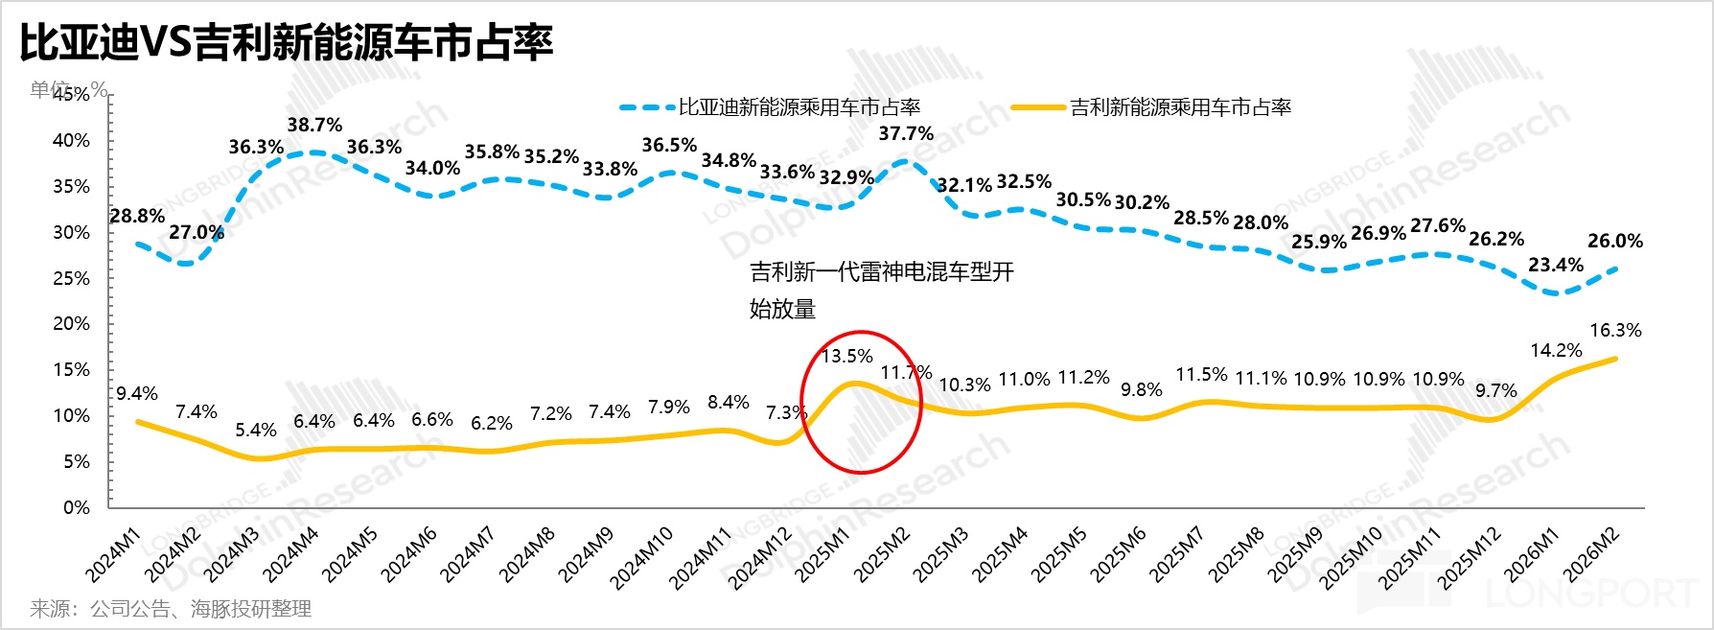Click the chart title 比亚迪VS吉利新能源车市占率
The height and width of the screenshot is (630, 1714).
pos(286,42)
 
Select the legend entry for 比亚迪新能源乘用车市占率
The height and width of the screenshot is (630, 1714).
pos(799,107)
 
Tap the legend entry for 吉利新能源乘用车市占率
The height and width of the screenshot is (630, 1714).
pos(1180,107)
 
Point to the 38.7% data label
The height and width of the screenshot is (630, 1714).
pos(314,125)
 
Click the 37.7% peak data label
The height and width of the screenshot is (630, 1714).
pos(906,133)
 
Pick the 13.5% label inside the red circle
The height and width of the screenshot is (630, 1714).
pos(847,356)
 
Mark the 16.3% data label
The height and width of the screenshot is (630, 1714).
pos(1615,330)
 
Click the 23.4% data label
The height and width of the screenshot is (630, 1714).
pos(1556,265)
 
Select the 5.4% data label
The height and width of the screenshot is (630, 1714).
pos(256,430)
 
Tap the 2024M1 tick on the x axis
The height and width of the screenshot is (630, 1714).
pos(114,555)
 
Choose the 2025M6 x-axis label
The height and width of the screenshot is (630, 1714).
pos(1120,555)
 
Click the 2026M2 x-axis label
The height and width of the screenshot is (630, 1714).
pos(1592,555)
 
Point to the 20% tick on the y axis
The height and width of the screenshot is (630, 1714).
pos(71,324)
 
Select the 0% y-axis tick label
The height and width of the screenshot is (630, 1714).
pos(77,507)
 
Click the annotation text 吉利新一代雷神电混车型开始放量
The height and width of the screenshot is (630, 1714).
pos(881,290)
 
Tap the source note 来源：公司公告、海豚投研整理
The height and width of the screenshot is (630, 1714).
pos(171,608)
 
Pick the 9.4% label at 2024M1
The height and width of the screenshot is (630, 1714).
pos(137,393)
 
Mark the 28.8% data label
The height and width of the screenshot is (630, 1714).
pos(137,216)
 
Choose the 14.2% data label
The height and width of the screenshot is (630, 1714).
pos(1556,350)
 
